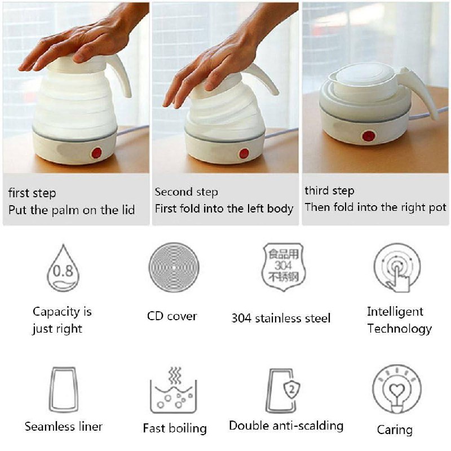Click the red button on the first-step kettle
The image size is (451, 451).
coord(96,153)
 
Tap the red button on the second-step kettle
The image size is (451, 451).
coord(244,153)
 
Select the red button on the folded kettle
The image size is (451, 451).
coord(369,136)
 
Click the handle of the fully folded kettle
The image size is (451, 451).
coord(421,91)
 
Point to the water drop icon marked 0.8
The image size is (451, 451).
coord(63,268)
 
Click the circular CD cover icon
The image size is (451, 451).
coord(174,267)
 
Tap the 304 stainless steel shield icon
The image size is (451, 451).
coord(284,267)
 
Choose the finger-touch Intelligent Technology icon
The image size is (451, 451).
coord(397,267)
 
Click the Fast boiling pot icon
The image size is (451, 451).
coord(174,390)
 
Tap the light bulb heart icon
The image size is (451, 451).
coord(397,389)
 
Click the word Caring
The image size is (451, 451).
coord(395,430)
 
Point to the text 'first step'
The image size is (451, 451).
coord(32,193)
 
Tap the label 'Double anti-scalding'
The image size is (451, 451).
coord(286,426)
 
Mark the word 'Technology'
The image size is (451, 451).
coord(400,329)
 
